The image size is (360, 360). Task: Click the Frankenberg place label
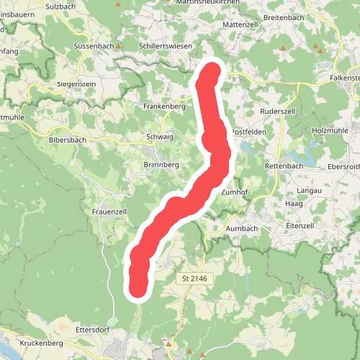[164, 106]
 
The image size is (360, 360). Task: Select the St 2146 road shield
[196, 277]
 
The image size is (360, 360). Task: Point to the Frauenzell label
[109, 212]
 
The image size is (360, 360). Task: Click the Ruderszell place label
[277, 112]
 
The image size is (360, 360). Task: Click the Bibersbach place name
[68, 140]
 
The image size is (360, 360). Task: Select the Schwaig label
[160, 136]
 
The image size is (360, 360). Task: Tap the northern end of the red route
[212, 73]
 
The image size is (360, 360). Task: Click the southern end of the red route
[138, 288]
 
